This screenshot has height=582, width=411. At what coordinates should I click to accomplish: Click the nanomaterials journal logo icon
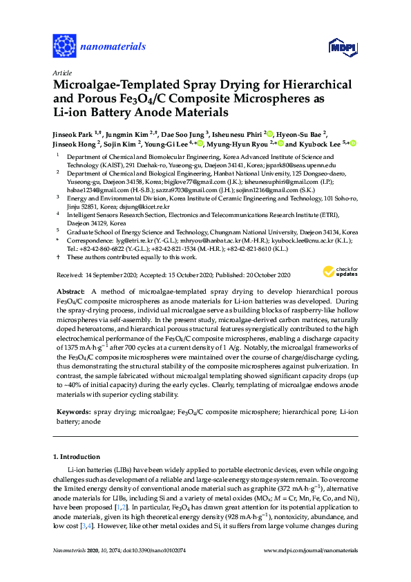click(64, 47)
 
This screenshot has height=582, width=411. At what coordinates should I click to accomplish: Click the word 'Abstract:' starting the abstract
click(70, 292)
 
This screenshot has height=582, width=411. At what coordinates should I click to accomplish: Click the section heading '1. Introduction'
click(81, 456)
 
